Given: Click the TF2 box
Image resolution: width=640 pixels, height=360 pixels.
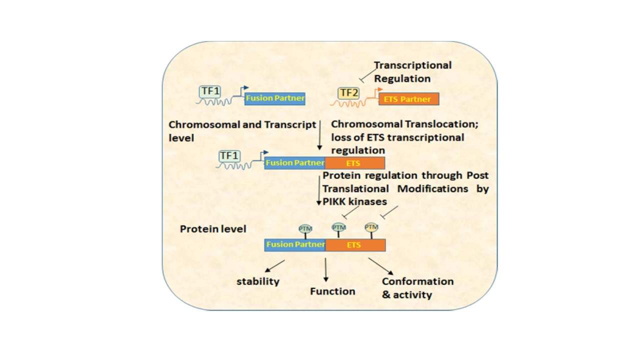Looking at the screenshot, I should pyautogui.click(x=345, y=92).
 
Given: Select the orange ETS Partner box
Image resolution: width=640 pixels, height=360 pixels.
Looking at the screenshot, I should pyautogui.click(x=408, y=99).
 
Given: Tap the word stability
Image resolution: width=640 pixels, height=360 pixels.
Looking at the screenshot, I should pyautogui.click(x=258, y=281).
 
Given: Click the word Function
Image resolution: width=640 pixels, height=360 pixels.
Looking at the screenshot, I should pyautogui.click(x=332, y=291).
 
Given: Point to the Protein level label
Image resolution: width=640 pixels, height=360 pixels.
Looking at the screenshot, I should pyautogui.click(x=213, y=229).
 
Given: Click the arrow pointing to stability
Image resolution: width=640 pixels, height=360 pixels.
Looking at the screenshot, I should pyautogui.click(x=274, y=266).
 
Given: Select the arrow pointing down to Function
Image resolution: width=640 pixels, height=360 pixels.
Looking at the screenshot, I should pyautogui.click(x=325, y=270).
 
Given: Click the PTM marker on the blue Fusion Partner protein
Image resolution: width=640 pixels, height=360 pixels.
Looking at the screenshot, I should pyautogui.click(x=305, y=228).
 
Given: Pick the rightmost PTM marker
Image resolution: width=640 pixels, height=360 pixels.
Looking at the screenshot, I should pyautogui.click(x=371, y=227).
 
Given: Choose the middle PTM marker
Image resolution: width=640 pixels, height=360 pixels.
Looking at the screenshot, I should pyautogui.click(x=338, y=227).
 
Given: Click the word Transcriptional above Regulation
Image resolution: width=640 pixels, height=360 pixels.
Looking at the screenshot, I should pyautogui.click(x=412, y=65).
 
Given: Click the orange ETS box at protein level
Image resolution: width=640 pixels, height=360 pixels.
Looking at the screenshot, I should pyautogui.click(x=355, y=245).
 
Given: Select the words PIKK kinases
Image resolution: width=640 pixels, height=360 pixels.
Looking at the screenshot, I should pyautogui.click(x=355, y=201).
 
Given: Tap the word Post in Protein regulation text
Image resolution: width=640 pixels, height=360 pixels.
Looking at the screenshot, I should pyautogui.click(x=477, y=175).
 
